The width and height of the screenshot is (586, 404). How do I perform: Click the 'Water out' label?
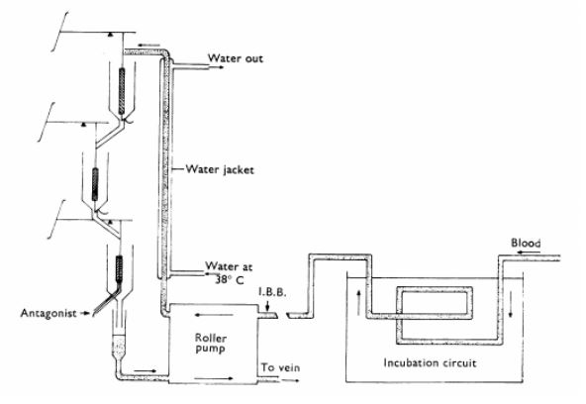[236, 58]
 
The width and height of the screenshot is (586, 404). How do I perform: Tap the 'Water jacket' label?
[220, 169]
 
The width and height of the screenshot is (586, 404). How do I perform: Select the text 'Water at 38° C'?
[229, 273]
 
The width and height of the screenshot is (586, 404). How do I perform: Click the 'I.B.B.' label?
[272, 293]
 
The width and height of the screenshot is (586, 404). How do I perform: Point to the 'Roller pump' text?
[211, 344]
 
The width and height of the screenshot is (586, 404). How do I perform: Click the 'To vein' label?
[280, 367]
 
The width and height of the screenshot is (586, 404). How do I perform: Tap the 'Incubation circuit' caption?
[430, 362]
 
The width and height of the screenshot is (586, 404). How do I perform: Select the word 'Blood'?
[526, 244]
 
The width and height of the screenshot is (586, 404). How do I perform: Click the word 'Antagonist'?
[49, 313]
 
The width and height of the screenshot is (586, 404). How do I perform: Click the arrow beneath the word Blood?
[528, 252]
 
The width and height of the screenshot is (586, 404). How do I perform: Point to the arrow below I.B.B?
[267, 306]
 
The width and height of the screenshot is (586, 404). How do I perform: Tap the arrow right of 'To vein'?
[290, 380]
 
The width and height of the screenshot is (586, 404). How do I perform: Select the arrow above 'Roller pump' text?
[214, 315]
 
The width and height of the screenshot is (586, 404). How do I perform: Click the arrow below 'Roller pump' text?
[214, 378]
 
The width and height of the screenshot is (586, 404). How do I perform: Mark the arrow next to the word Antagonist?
[85, 313]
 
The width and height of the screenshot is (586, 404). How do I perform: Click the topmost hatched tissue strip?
[122, 91]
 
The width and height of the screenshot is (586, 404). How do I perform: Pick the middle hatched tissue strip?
[95, 184]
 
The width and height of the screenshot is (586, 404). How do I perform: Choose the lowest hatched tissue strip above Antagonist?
[119, 268]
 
